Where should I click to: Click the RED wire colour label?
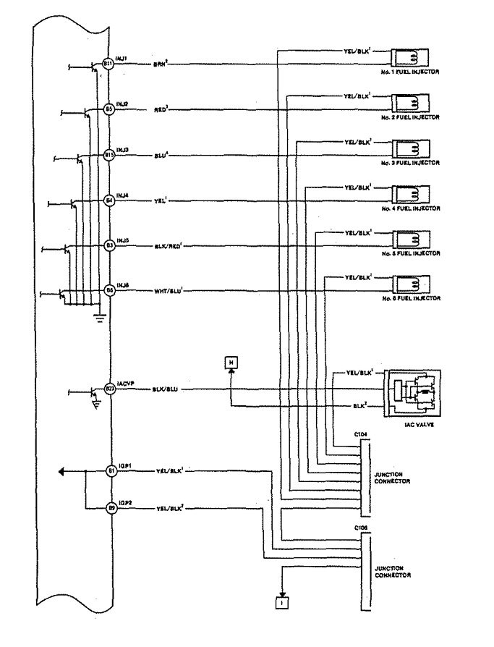click(x=161, y=110)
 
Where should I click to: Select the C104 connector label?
click(x=361, y=435)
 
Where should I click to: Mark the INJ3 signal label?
click(x=123, y=150)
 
